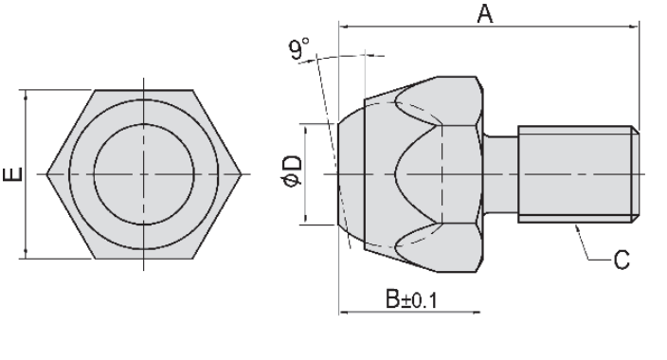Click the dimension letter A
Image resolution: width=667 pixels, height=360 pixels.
[485, 13]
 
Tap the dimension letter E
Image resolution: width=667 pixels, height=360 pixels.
[13, 174]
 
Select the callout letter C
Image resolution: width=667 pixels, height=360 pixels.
[622, 260]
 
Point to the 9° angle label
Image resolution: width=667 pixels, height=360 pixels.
[299, 49]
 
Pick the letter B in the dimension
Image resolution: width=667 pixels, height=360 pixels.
[392, 298]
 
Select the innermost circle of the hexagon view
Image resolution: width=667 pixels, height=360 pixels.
[144, 124]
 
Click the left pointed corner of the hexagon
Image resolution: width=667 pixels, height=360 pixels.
[46, 174]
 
